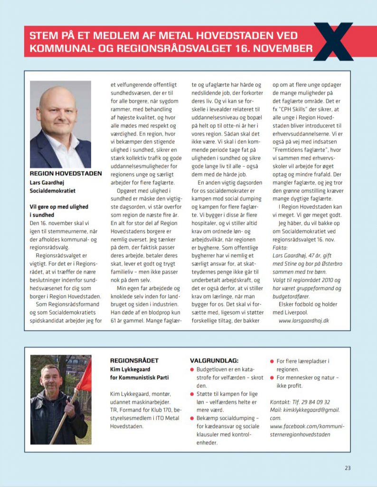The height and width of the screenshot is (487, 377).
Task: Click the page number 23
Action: pos(348,468)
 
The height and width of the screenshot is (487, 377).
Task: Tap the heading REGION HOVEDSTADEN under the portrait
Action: pos(66,174)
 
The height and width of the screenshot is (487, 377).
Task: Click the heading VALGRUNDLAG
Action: pos(214,360)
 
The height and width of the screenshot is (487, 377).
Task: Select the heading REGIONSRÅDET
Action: pos(134,360)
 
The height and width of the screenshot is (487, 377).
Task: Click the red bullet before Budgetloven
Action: pos(192,370)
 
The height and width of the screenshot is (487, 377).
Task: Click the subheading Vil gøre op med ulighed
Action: pos(59,207)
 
